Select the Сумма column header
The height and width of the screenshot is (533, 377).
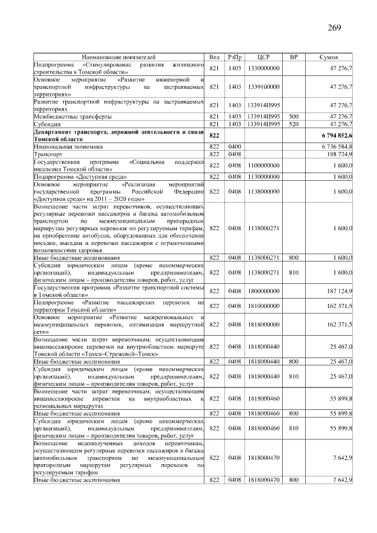[328, 57]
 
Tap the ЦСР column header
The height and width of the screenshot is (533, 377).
[263, 57]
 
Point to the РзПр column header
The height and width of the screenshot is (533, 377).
[235, 57]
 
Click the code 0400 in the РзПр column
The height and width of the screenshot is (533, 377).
[235, 145]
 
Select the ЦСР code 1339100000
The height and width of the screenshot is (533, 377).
[263, 87]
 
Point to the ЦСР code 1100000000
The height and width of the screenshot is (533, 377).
[263, 165]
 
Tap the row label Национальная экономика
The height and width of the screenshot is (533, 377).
[68, 145]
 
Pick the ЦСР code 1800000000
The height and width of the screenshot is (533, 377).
[263, 291]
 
